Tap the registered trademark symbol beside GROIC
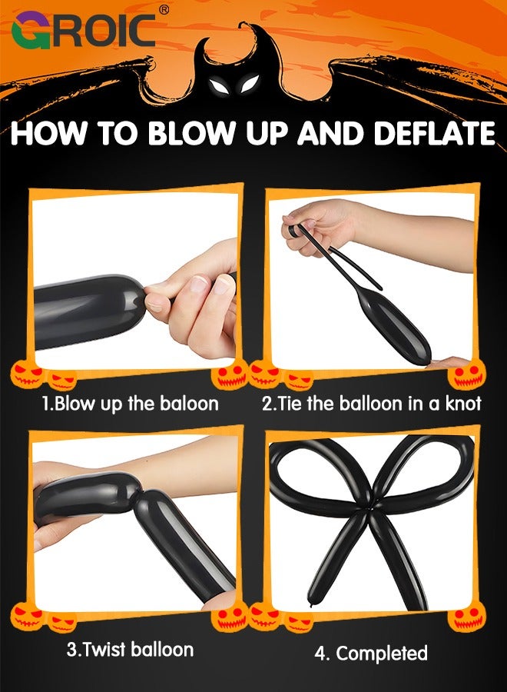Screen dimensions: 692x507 (163, 10)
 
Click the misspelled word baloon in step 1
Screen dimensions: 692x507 (186, 404)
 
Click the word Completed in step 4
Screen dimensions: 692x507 (382, 654)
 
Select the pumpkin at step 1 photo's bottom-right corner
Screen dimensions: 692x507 (230, 374)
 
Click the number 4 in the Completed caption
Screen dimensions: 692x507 (320, 654)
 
